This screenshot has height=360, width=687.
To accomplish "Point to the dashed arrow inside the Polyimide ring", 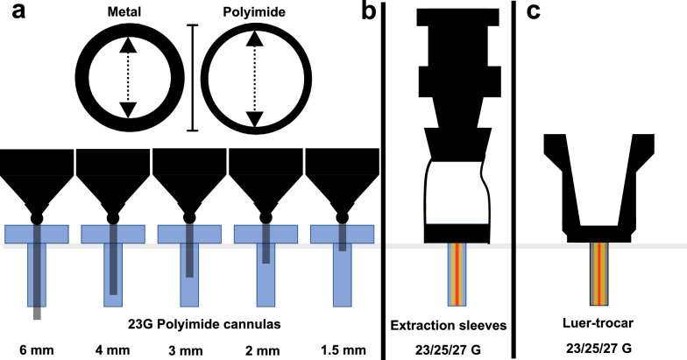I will [x=254, y=78].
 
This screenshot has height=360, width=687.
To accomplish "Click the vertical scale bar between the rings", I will [x=193, y=78].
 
